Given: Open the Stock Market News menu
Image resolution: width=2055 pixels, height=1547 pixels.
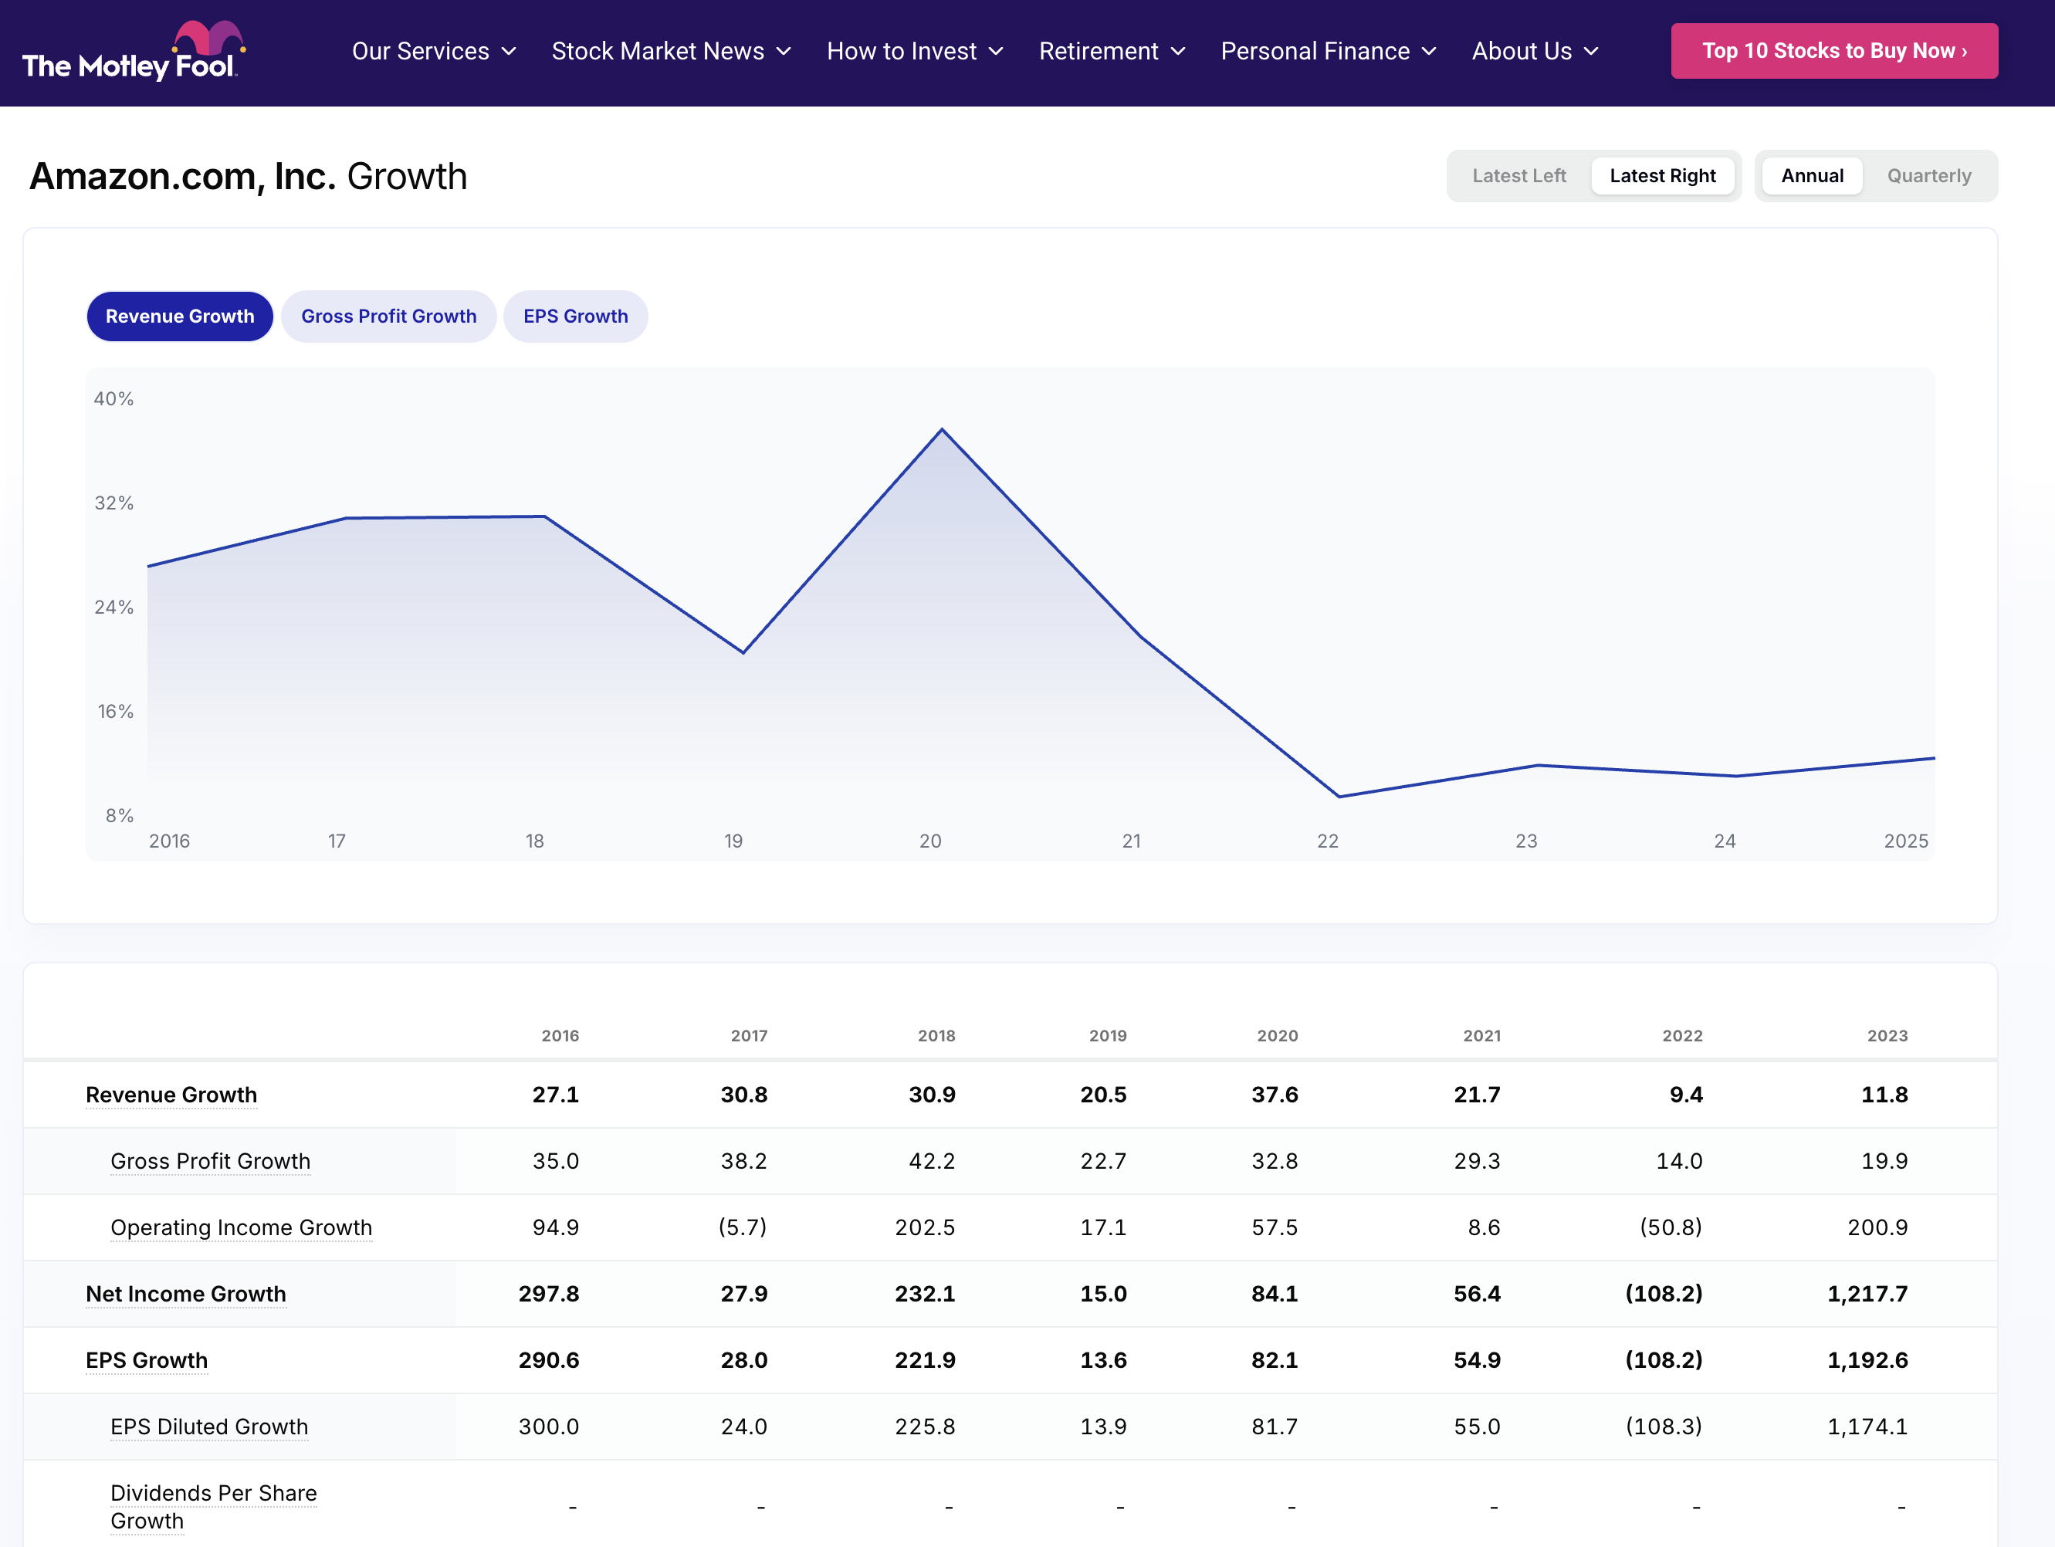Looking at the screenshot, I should tap(670, 51).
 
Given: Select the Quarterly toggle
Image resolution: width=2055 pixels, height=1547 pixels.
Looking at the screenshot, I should tap(1928, 175).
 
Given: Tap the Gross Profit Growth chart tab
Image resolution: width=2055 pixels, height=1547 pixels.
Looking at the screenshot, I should tap(388, 316).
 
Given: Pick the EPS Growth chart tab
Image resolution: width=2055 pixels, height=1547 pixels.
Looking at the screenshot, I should tap(575, 316).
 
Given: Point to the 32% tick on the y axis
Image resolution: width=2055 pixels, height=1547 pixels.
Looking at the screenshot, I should tap(114, 503).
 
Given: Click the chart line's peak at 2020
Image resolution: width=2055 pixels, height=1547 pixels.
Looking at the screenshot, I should tap(942, 429).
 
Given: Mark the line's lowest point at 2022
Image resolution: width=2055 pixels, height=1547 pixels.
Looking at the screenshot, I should tap(1339, 796).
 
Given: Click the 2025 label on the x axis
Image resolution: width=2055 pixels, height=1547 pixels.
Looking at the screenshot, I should tap(1904, 841).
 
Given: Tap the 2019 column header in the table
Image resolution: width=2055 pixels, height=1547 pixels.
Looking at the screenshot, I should tap(1107, 1035).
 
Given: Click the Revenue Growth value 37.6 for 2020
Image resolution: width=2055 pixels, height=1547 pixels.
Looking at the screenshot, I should tap(1274, 1095).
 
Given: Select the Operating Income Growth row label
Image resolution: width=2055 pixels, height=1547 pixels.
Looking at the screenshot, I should tap(241, 1227).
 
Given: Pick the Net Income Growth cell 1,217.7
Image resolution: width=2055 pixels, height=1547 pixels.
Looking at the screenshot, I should tap(1867, 1293).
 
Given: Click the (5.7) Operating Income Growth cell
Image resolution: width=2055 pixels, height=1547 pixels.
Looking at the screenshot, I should tap(743, 1227).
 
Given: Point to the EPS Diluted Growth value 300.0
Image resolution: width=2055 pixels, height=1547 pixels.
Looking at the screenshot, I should tap(548, 1427).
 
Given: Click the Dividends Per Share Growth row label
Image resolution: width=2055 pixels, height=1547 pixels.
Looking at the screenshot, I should tap(213, 1506).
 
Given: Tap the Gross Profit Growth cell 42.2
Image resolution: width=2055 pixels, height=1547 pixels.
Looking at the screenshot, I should tap(931, 1160).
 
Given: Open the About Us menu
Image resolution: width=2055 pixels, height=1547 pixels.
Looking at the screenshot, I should tap(1534, 51).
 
